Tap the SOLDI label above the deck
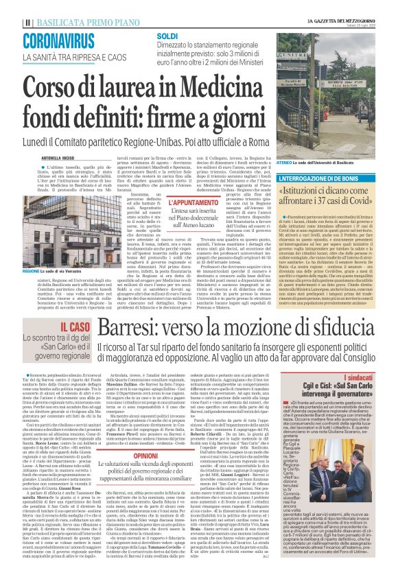[x=168, y=34]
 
